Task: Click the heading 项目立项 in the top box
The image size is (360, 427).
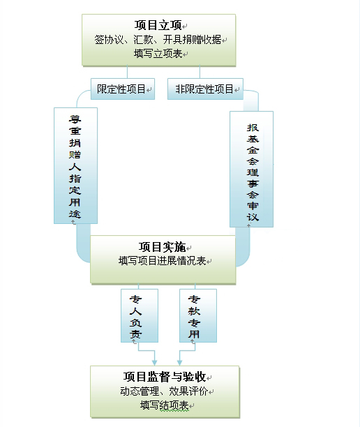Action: click(x=158, y=25)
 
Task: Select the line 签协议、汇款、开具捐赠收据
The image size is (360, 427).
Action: click(x=158, y=40)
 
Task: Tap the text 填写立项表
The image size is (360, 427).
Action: click(x=158, y=53)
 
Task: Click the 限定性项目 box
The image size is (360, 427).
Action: click(x=123, y=89)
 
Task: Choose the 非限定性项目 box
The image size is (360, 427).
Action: click(x=205, y=89)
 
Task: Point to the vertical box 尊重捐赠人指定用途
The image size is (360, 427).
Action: click(x=76, y=165)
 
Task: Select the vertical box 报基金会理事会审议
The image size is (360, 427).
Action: click(x=252, y=169)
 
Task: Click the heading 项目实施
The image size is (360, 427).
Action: click(x=163, y=247)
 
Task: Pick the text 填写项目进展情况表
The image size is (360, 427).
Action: click(x=163, y=261)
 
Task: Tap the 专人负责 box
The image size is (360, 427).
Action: click(x=140, y=315)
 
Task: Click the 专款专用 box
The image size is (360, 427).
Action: click(x=198, y=315)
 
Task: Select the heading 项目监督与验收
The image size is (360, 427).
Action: click(x=165, y=377)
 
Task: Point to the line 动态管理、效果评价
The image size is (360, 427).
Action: click(x=164, y=391)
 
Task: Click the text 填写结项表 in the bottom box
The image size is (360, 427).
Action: click(x=165, y=405)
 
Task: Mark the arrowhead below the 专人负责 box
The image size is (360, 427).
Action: click(x=154, y=363)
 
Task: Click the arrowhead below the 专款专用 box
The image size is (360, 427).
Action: click(x=179, y=363)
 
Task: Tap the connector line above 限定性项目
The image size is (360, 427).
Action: click(x=127, y=72)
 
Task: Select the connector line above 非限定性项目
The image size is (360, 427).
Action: click(x=200, y=72)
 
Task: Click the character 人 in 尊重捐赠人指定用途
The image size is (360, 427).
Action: click(x=75, y=167)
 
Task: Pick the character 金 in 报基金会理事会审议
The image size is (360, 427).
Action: click(x=253, y=150)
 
